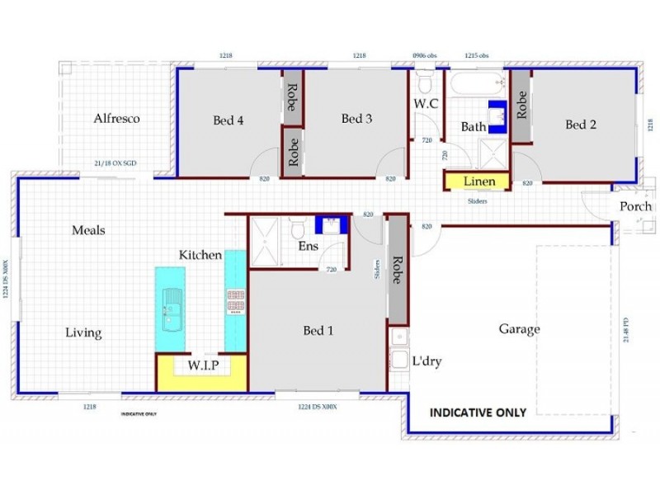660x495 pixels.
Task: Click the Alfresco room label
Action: coord(116,118)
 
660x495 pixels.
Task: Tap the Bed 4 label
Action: coord(228,120)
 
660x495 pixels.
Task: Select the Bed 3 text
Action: coord(356,119)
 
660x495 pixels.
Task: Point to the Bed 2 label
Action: coord(581,125)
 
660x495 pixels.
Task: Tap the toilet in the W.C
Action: coord(425,83)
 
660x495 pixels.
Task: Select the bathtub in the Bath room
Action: coord(478,82)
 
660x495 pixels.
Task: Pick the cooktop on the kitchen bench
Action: coord(235,302)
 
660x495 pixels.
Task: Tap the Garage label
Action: coord(519,329)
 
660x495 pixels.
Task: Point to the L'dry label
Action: coord(426,361)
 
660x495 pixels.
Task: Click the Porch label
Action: coord(635,206)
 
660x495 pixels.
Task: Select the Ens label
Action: coord(308,246)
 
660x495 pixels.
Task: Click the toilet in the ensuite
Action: coord(297,226)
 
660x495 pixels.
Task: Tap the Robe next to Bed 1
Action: coord(397,268)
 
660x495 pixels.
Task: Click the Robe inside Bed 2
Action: coord(521,105)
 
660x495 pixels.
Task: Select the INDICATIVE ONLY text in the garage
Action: coord(478,412)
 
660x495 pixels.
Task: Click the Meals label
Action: coord(88,230)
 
